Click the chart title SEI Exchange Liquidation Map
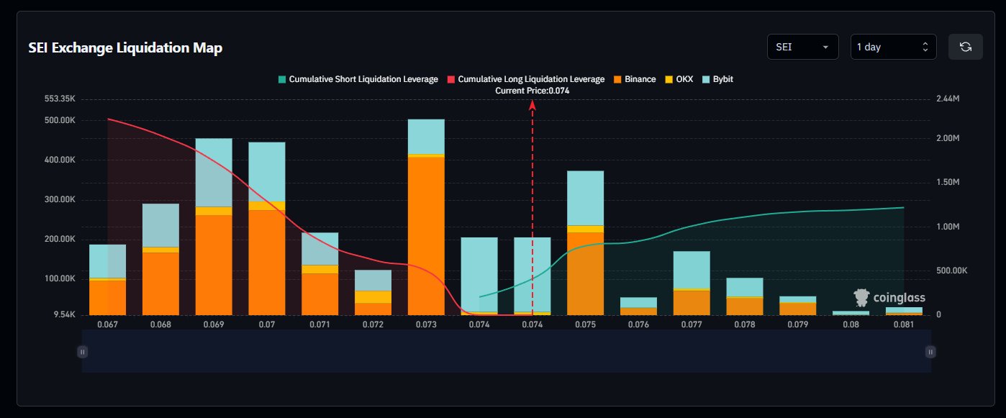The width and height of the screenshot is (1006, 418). click(x=125, y=48)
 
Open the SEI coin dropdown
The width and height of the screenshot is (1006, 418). click(x=802, y=47)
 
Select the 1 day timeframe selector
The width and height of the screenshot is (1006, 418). click(x=893, y=47)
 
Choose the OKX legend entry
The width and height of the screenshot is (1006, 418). click(x=679, y=79)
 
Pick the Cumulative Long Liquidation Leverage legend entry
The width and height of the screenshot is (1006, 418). click(x=527, y=79)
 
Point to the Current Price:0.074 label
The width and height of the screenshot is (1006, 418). click(x=533, y=91)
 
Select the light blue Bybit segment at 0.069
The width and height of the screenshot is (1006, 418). click(x=214, y=172)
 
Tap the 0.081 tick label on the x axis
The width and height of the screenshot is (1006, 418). click(x=904, y=324)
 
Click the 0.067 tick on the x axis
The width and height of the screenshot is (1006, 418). click(x=108, y=324)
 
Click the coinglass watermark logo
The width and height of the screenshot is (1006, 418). click(x=889, y=297)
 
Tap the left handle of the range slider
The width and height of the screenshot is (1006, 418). click(x=83, y=352)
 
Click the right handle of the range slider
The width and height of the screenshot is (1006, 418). click(x=930, y=352)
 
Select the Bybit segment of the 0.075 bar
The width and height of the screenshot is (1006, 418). click(x=585, y=198)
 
